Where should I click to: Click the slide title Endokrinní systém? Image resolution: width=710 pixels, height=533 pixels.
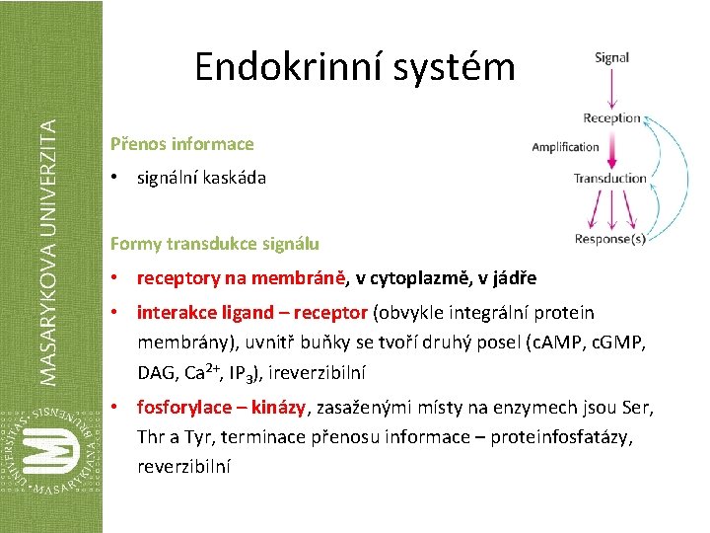pos(354,67)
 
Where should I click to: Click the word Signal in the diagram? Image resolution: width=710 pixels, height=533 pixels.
pos(611,57)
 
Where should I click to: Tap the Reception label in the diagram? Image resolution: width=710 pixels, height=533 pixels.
pos(611,118)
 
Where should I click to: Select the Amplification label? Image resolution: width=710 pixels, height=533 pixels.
pos(565,147)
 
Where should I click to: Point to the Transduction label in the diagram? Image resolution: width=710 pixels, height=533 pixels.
pos(610,179)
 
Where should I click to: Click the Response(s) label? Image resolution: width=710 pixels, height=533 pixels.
pos(610,239)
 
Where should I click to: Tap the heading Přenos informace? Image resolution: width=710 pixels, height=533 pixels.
pos(181,144)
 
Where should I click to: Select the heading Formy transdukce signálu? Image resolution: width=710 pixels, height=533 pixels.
pos(214,243)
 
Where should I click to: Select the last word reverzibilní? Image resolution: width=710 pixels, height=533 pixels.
pos(183,466)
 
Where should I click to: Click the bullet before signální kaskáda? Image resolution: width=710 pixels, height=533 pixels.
pos(115,179)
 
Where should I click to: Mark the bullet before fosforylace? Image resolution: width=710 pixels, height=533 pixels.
pos(115,408)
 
